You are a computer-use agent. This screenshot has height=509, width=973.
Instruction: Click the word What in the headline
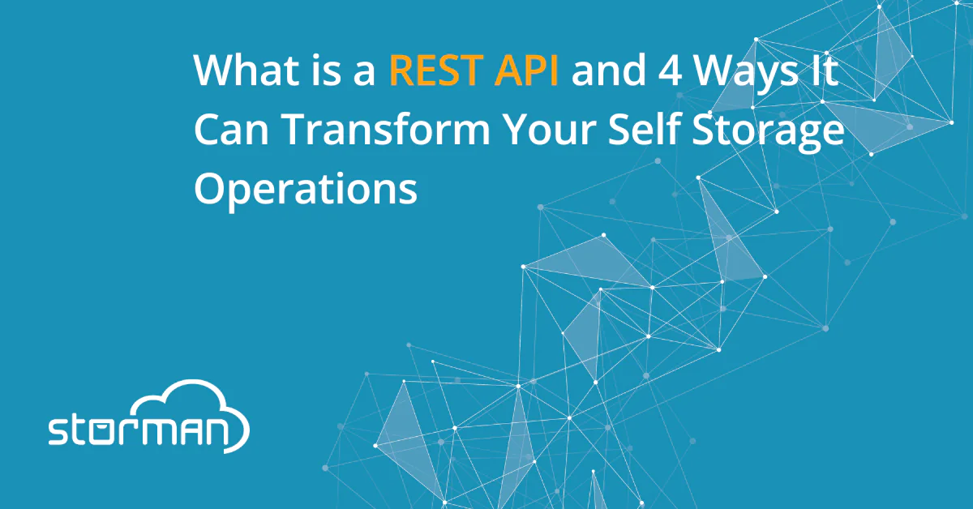pos(246,70)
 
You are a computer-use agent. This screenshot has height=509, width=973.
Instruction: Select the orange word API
pos(526,70)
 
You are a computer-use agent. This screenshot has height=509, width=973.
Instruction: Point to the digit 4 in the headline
pos(671,70)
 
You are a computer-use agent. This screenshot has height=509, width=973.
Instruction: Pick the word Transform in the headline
pos(387,129)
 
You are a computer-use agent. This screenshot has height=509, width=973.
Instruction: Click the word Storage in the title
pos(768,132)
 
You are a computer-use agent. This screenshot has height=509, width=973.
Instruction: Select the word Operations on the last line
pos(306,190)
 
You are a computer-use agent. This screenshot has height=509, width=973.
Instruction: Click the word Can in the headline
pos(232,130)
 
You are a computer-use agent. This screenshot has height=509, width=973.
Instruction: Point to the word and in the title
pos(609,69)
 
